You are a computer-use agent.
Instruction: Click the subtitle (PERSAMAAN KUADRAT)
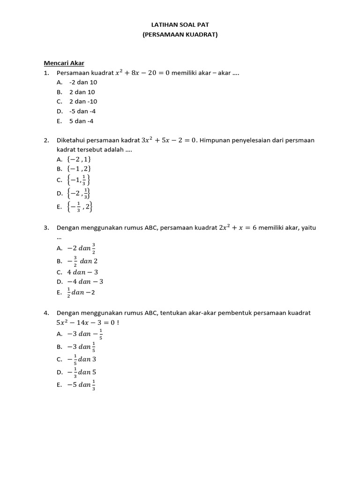click(180, 34)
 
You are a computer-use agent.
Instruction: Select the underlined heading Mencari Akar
click(64, 63)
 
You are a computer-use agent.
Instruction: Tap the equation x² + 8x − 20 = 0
click(142, 73)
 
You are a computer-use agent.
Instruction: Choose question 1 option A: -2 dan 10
click(83, 82)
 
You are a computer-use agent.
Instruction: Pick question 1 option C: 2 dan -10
click(83, 102)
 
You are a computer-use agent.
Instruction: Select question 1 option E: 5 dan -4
click(81, 121)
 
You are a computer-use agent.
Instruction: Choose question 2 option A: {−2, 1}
click(79, 159)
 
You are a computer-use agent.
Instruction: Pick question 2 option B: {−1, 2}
click(79, 169)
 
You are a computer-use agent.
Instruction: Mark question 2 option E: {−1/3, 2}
click(80, 206)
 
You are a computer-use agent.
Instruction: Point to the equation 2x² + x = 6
click(239, 227)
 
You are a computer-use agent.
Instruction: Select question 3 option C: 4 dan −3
click(82, 272)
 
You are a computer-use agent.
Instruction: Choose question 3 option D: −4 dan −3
click(85, 282)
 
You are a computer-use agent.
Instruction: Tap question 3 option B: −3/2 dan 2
click(82, 261)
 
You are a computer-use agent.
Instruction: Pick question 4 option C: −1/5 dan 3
click(82, 360)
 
